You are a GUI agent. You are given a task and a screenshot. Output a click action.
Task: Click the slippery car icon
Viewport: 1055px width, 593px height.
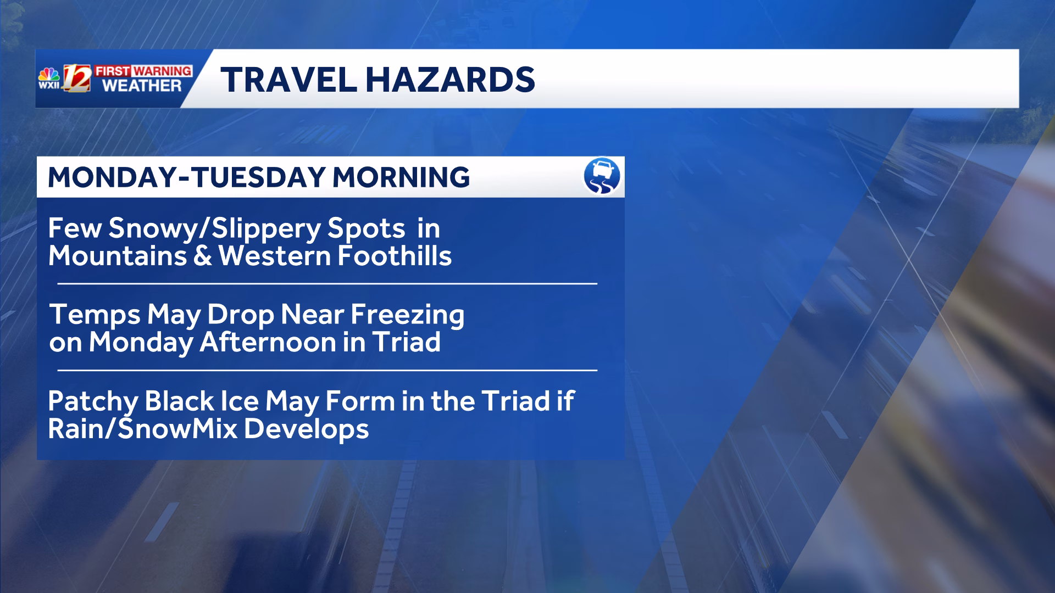click(602, 176)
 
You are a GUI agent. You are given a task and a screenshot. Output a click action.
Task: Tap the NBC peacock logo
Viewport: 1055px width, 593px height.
click(49, 75)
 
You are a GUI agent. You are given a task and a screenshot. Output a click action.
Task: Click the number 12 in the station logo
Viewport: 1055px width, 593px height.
click(77, 79)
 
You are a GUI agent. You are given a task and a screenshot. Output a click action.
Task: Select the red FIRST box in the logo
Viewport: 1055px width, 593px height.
click(113, 71)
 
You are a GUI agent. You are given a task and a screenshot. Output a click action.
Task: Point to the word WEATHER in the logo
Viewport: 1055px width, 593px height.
click(142, 86)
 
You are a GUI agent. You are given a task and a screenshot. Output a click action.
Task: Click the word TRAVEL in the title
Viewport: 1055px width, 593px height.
click(289, 79)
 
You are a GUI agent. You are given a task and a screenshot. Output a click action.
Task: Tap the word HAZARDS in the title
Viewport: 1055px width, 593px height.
click(450, 79)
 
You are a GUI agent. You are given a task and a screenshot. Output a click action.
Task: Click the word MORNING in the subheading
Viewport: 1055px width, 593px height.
click(401, 177)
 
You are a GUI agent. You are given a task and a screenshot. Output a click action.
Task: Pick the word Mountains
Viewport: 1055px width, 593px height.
click(118, 256)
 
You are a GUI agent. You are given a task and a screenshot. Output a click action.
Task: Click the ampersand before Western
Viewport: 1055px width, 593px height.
click(202, 256)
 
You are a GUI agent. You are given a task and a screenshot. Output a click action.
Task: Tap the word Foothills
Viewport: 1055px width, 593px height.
click(395, 256)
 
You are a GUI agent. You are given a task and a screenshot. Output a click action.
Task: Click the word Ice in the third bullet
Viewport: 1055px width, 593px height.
click(240, 401)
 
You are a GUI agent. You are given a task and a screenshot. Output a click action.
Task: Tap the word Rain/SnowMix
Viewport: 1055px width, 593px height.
click(143, 429)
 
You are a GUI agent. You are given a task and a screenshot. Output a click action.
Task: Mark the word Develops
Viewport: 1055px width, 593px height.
click(306, 429)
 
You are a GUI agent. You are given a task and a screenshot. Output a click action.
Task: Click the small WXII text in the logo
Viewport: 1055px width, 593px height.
click(49, 85)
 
